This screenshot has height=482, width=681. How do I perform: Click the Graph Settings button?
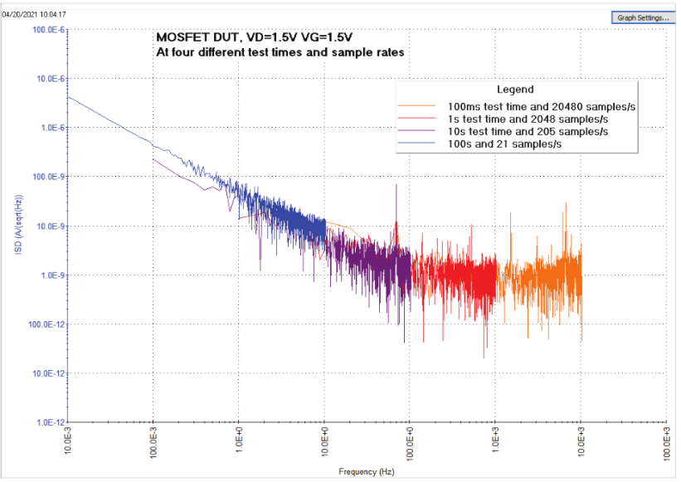click(x=641, y=17)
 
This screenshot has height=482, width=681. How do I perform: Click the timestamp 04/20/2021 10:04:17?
click(x=34, y=15)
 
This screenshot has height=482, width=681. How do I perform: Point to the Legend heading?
click(x=514, y=90)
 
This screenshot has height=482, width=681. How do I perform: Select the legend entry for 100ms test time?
click(x=546, y=107)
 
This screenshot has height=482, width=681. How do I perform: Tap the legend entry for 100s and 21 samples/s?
click(x=506, y=144)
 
